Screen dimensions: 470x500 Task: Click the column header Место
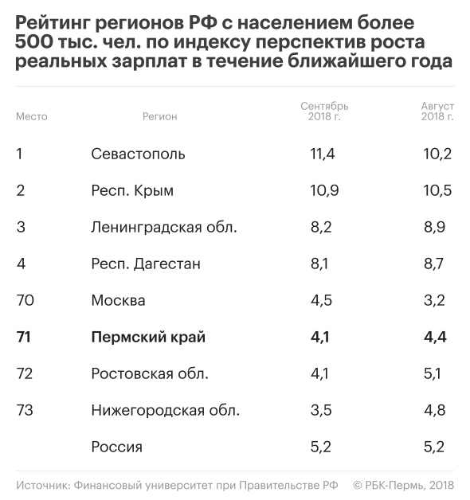32,117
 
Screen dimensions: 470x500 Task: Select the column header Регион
159,117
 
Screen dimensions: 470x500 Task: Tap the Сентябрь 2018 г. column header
324,111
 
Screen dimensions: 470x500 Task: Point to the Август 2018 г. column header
437,111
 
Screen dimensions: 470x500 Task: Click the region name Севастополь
138,154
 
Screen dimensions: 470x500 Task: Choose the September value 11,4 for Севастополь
323,154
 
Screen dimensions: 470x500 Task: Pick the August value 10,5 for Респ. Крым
437,191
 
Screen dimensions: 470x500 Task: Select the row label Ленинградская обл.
164,228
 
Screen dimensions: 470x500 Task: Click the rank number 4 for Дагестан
21,264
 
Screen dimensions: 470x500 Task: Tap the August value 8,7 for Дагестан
433,264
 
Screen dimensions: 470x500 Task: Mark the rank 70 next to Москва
25,300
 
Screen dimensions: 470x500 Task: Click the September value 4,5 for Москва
321,301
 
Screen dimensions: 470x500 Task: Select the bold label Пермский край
148,338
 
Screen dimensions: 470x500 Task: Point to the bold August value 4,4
435,338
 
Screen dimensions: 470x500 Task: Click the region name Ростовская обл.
150,373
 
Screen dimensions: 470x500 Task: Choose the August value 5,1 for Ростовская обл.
433,373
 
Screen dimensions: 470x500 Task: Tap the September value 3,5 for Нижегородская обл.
321,410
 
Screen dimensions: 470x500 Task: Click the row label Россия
117,447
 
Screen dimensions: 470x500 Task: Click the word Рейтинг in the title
53,23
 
